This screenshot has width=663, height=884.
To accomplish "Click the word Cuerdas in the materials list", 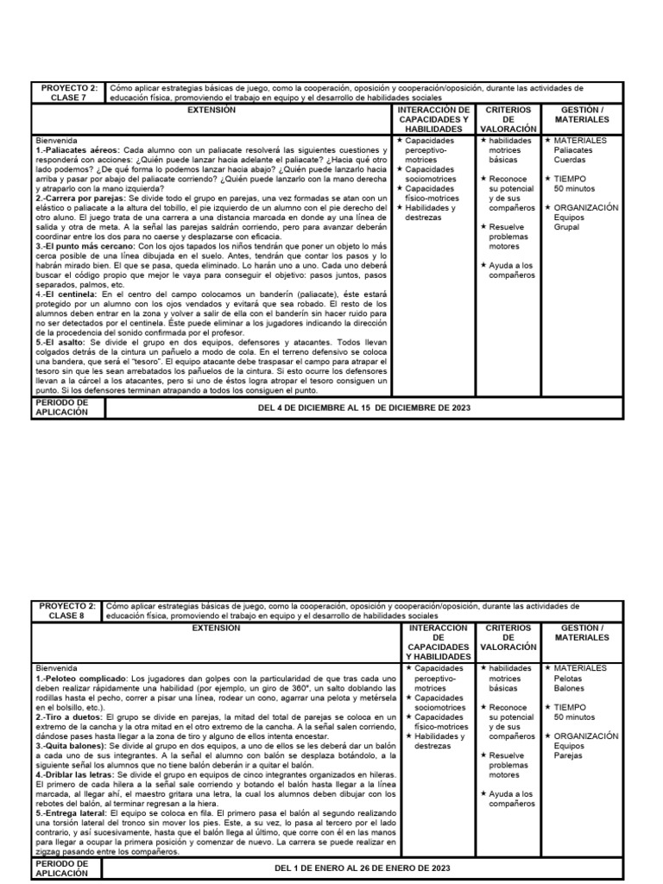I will point(569,159).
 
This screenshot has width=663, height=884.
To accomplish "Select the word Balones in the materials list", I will point(570,688).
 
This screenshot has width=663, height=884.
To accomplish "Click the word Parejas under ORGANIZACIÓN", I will point(569,755).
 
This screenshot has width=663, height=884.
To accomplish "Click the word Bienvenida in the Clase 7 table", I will point(56,140).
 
